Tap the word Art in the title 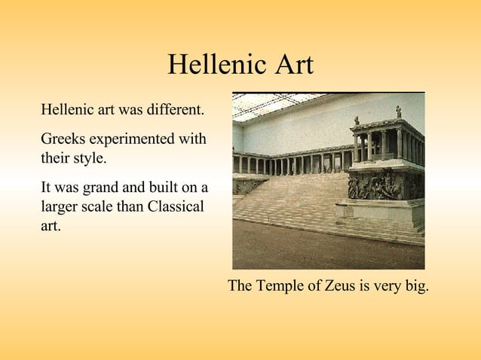point(290,65)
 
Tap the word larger point(61,206)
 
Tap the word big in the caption point(415,287)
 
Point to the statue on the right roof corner point(398,111)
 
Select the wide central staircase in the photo point(294,200)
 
